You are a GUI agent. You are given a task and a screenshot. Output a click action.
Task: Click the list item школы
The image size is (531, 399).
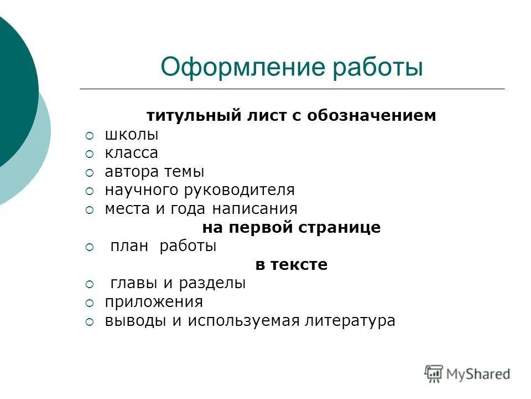[132, 135]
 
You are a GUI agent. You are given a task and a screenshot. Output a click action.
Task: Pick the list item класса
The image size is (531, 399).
[132, 153]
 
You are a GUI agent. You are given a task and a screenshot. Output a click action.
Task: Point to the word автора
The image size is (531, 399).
[131, 172]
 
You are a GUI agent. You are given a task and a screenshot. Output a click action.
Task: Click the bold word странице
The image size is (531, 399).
[344, 228]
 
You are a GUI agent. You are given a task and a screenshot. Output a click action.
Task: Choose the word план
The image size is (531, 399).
[129, 247]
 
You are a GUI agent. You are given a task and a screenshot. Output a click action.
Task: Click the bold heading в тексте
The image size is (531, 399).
[291, 265]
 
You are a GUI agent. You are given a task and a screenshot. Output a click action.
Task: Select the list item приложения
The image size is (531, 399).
[154, 303]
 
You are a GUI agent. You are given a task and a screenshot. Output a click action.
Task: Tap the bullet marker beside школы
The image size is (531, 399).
[91, 135]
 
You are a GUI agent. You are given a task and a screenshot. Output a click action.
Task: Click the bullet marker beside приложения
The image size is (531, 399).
[91, 303]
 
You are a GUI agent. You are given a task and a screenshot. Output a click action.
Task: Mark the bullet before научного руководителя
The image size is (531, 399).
[91, 191]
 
